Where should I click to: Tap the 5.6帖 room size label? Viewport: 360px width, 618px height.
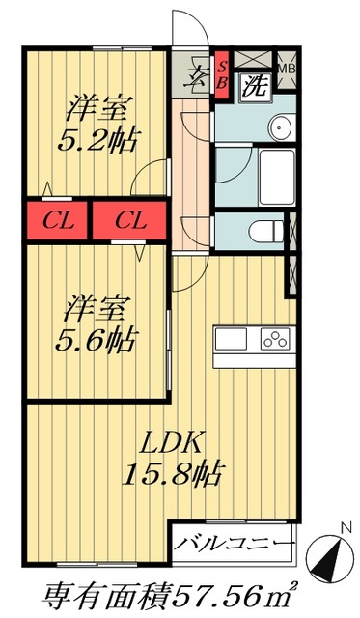[100, 339]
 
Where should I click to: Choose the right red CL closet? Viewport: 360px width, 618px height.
[130, 220]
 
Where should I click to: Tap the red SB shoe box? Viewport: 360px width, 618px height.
[222, 74]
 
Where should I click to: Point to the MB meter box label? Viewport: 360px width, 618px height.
[287, 70]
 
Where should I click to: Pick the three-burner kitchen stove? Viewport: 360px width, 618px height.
[274, 340]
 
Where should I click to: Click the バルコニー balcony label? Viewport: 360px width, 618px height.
[234, 543]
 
